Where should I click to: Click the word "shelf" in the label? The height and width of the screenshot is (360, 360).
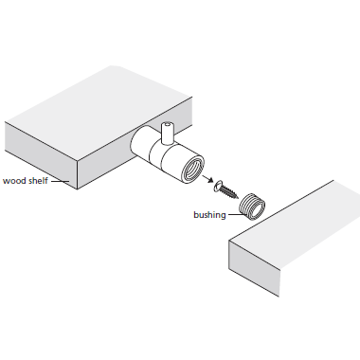(x=38, y=181)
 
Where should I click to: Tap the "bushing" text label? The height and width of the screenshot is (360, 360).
(x=209, y=215)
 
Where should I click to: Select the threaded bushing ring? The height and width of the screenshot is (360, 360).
(x=251, y=206)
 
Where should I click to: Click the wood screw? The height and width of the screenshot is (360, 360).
(x=225, y=189)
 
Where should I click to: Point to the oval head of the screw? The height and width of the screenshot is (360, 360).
(x=218, y=186)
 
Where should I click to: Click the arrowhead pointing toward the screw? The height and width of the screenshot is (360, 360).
(x=208, y=179)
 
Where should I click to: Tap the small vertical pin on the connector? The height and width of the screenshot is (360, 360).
(x=167, y=133)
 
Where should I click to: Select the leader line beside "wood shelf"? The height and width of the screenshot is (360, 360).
(x=60, y=181)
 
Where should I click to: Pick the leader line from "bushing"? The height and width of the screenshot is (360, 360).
(x=237, y=215)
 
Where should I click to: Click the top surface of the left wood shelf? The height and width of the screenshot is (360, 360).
(x=99, y=112)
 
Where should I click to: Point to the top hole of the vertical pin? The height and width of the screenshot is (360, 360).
(x=167, y=124)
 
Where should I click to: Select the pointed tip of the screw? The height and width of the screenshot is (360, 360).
(x=237, y=198)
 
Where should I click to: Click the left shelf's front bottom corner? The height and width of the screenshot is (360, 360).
(x=78, y=189)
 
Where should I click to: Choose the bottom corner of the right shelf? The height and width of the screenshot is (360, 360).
(x=279, y=297)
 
